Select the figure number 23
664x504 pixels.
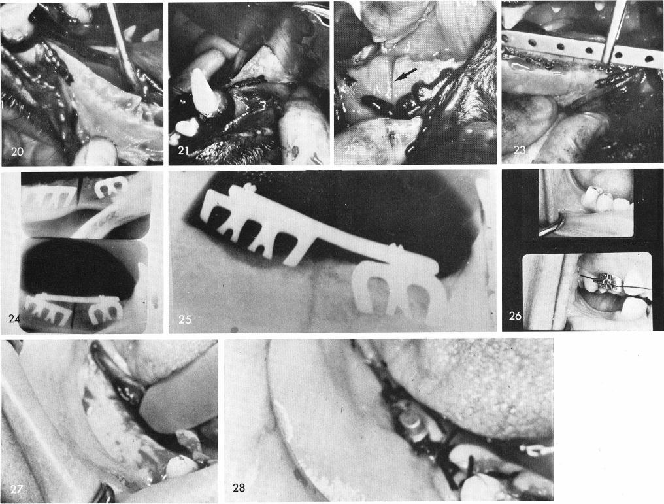click(x=520, y=151)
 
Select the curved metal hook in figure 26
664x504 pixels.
click(x=553, y=226)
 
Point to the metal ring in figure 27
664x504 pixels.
click(x=105, y=491)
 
